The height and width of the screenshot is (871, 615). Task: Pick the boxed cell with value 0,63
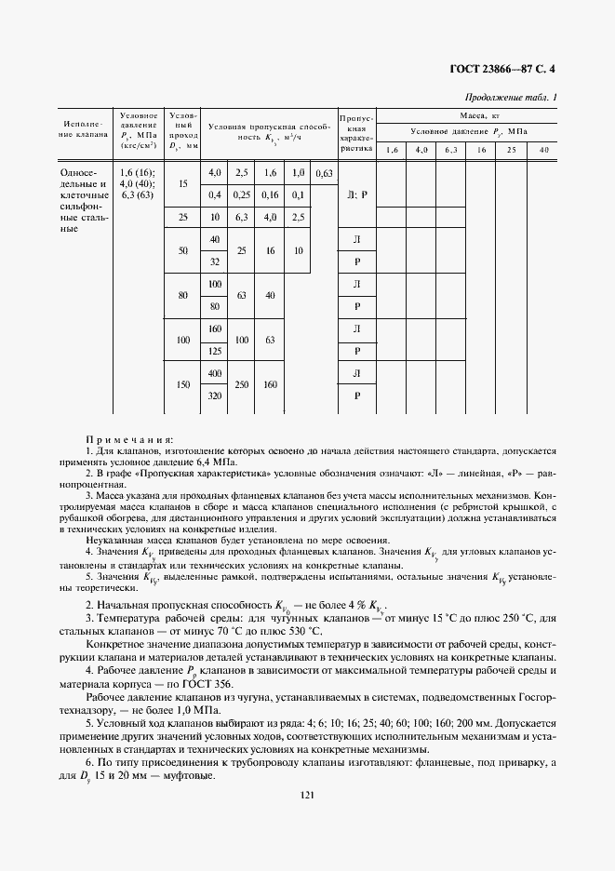coord(325,174)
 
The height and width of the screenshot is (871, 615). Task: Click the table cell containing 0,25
coord(242,194)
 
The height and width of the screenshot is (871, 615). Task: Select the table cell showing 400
coord(216,373)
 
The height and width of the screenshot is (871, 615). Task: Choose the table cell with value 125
coord(216,350)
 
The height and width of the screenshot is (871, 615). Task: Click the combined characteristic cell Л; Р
coord(357,195)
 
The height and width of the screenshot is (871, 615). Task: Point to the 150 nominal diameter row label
coord(182,384)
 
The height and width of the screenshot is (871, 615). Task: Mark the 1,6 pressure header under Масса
coord(392,150)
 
